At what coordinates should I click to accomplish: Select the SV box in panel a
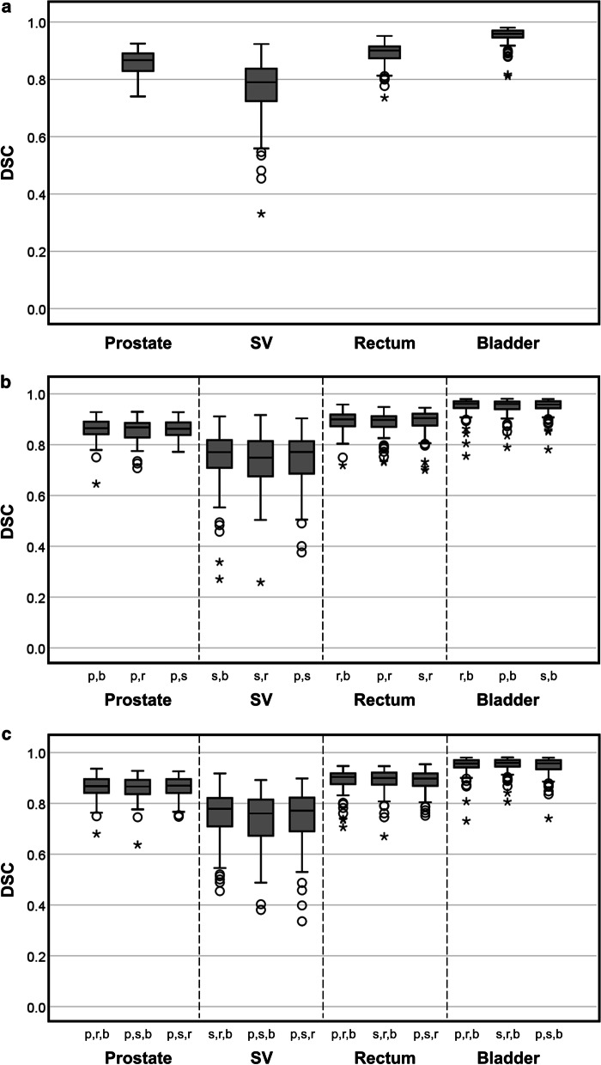261,84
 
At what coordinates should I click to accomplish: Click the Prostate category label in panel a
137,344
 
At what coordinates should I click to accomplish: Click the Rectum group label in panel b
385,701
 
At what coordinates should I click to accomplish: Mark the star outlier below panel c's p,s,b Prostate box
137,846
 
